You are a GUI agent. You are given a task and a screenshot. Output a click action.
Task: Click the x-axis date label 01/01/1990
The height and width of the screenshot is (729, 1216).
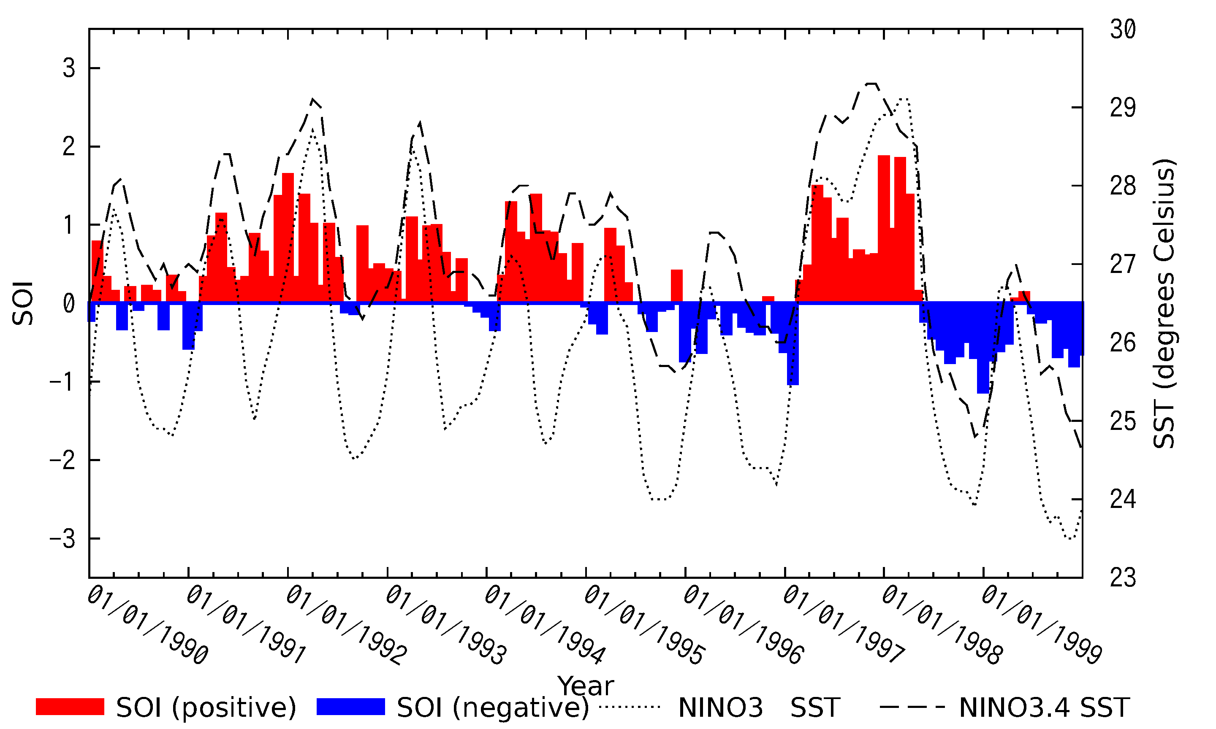coord(147,625)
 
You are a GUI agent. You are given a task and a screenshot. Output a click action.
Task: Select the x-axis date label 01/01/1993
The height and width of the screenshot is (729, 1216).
coord(446,625)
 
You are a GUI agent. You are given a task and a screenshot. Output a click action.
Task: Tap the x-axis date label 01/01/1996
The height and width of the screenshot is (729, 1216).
coord(743,625)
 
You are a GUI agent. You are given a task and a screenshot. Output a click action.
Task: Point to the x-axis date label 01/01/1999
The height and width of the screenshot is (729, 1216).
coord(1042,625)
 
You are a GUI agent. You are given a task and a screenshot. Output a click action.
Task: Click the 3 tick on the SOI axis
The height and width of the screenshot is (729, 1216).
coord(69,68)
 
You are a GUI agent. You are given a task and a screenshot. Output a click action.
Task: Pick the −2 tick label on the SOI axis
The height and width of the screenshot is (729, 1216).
coord(62,460)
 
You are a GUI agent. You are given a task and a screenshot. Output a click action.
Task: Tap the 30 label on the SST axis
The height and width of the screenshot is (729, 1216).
coord(1123,30)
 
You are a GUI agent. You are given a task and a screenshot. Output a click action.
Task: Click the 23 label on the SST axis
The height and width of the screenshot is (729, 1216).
coord(1123,578)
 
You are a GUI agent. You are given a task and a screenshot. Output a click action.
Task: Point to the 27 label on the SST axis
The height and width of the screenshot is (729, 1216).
coord(1123,264)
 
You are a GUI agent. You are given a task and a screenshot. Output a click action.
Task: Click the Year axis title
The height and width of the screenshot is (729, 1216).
coord(585,686)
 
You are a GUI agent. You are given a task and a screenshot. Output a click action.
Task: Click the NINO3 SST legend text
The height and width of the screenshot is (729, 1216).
coord(759,708)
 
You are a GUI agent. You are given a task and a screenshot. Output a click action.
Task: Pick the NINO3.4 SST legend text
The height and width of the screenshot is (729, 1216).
coord(1045,708)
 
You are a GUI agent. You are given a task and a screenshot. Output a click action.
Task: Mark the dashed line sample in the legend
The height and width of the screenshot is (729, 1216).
coord(912,707)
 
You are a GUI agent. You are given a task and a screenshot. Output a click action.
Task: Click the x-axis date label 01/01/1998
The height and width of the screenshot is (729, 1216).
coord(942,625)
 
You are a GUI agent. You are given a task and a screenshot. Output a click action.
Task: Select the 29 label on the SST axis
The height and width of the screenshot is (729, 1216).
coord(1123,108)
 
